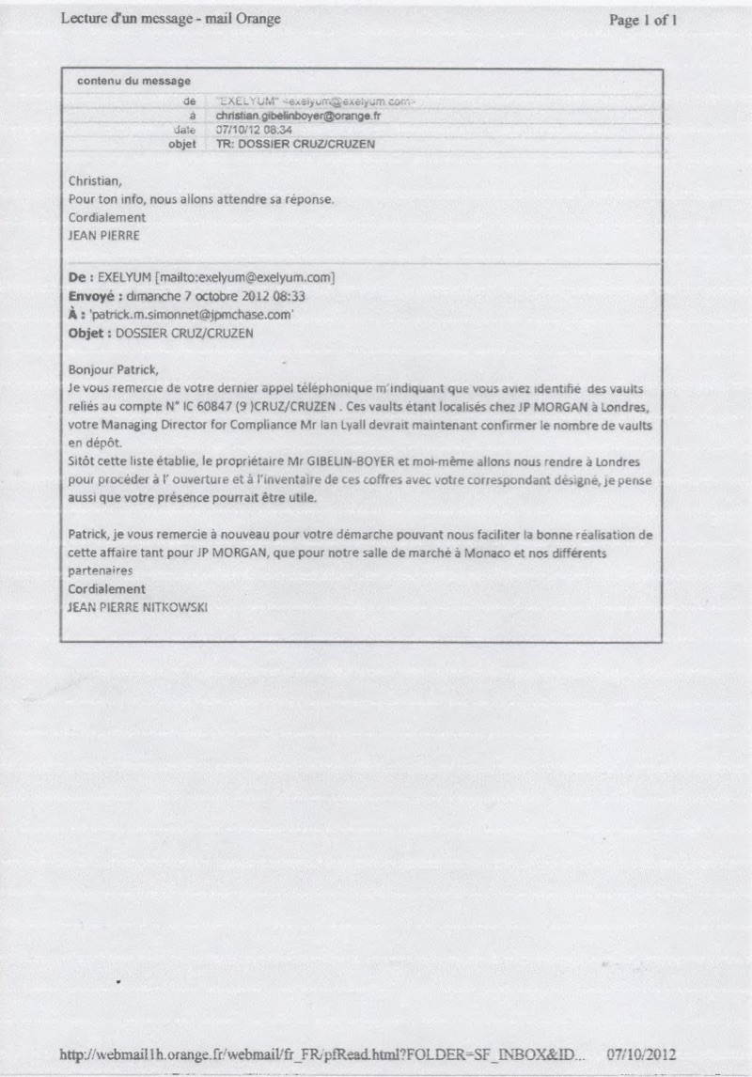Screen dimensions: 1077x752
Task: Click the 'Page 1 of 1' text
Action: (x=643, y=20)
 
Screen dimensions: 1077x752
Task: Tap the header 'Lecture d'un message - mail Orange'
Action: (x=170, y=19)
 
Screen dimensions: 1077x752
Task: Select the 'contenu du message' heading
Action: (x=133, y=82)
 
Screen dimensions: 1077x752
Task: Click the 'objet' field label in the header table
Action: (x=181, y=145)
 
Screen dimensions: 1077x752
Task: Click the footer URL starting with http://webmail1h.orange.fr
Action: (x=322, y=1054)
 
